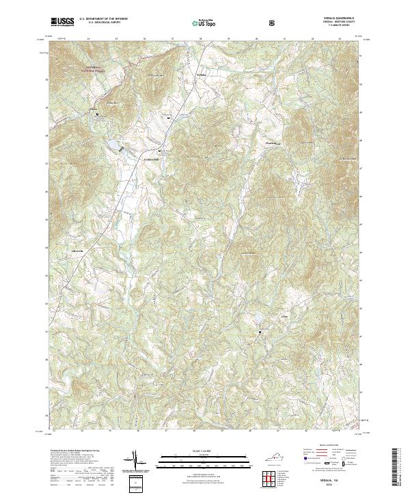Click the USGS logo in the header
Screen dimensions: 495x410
coord(62,22)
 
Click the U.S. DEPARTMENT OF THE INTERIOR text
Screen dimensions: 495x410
coord(103,19)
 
